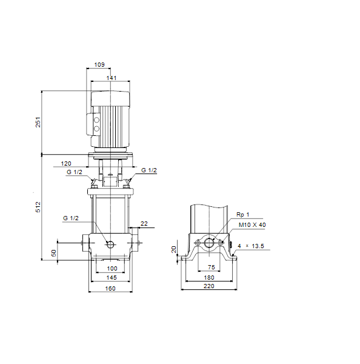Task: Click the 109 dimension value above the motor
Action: tap(99, 64)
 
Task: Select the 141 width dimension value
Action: tap(112, 78)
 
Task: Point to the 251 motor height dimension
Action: tap(38, 122)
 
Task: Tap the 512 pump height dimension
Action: tap(38, 207)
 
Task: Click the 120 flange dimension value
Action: tap(66, 164)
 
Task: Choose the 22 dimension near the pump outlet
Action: tap(144, 223)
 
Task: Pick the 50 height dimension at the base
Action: tap(53, 253)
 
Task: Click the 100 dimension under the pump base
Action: tap(112, 269)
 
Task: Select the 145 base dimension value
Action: tap(112, 278)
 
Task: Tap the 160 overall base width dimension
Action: tap(110, 289)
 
